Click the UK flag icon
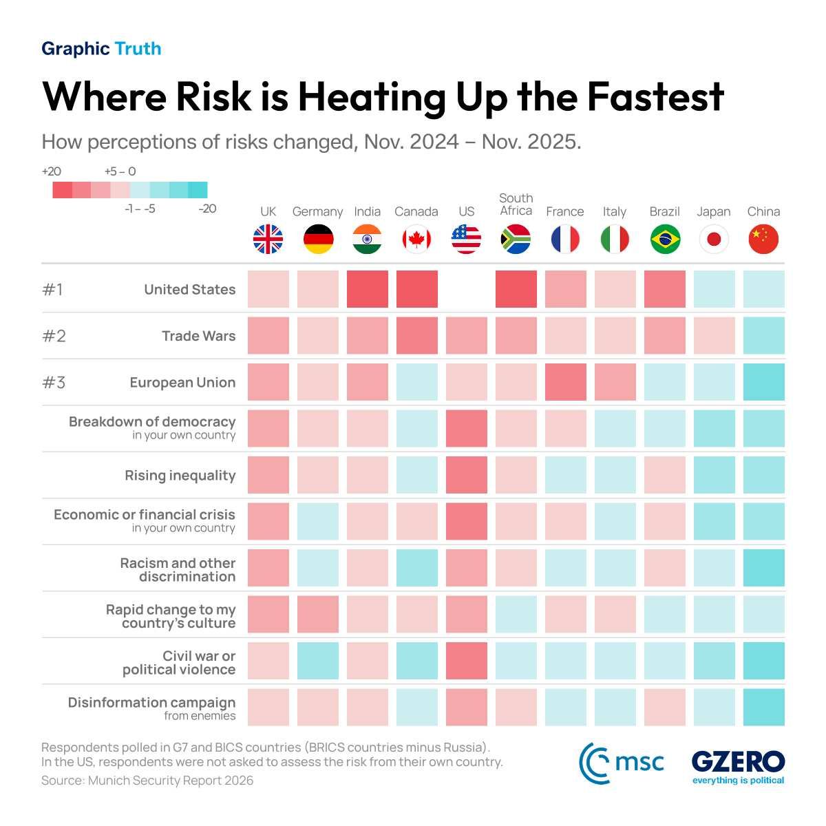pyautogui.click(x=268, y=240)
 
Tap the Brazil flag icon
pyautogui.click(x=665, y=240)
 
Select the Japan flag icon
pyautogui.click(x=714, y=240)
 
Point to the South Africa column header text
pyautogui.click(x=516, y=204)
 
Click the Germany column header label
pyautogui.click(x=317, y=211)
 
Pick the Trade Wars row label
pyautogui.click(x=198, y=336)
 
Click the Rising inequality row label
pyautogui.click(x=180, y=475)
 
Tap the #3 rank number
pyautogui.click(x=54, y=382)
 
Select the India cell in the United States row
pyautogui.click(x=367, y=289)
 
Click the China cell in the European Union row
pyautogui.click(x=763, y=382)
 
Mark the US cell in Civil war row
pyautogui.click(x=466, y=661)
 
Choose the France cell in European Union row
pyautogui.click(x=565, y=382)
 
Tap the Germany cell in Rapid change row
pyautogui.click(x=317, y=614)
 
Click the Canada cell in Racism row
pyautogui.click(x=416, y=568)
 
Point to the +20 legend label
pyautogui.click(x=52, y=171)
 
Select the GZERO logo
pyautogui.click(x=738, y=765)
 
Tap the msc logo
pyautogui.click(x=622, y=763)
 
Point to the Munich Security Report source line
pyautogui.click(x=147, y=781)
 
